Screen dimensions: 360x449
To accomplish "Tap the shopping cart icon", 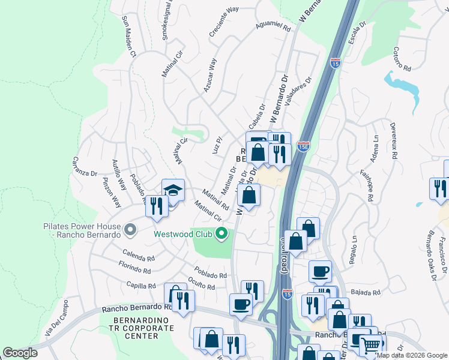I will point(370,346).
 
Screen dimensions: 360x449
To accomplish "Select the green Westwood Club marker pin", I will point(221,234).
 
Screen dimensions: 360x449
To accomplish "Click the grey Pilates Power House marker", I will point(129,229).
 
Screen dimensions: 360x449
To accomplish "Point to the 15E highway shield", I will point(304,146).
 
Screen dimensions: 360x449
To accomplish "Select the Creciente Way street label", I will point(224,23).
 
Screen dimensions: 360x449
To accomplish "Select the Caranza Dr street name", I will point(85,166).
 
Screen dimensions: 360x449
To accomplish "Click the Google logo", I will point(20,353).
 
